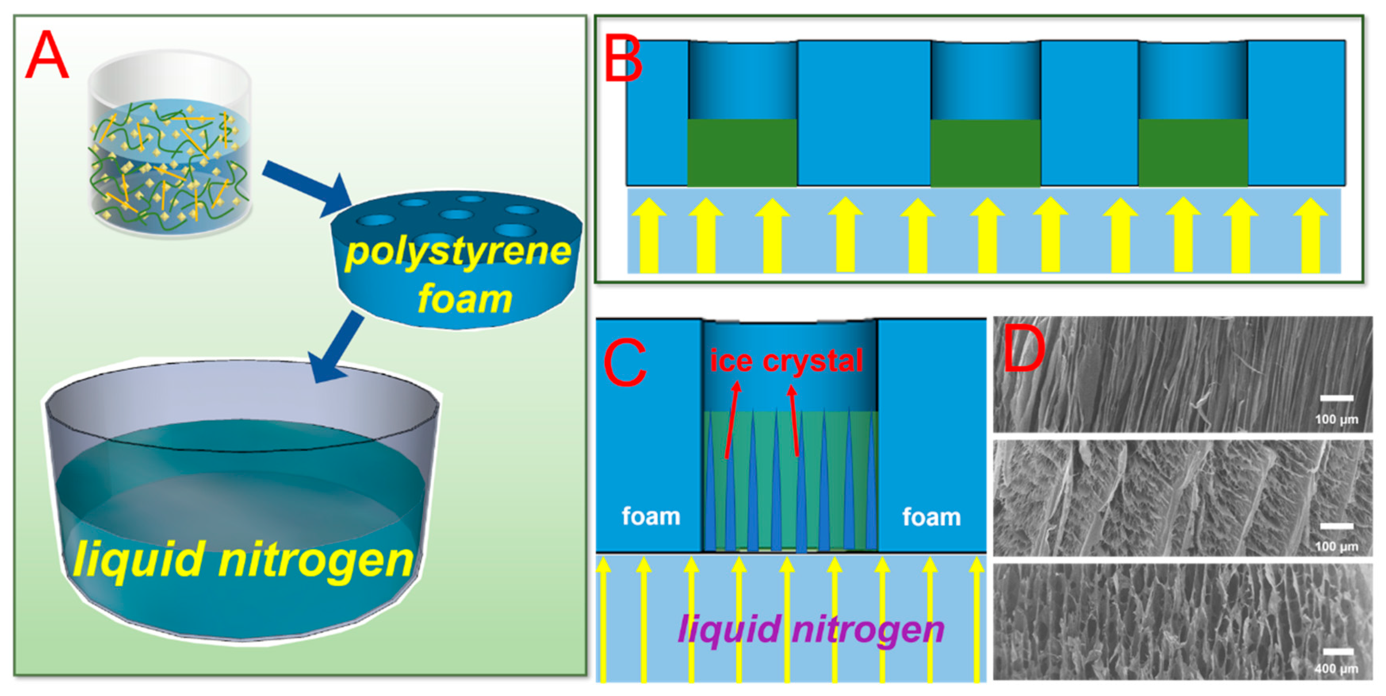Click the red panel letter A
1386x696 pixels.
[x=47, y=55]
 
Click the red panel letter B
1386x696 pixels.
[x=623, y=58]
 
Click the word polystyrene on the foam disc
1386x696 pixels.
[x=458, y=252]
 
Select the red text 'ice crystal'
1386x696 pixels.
[x=786, y=360]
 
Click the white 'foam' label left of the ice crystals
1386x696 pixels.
[x=651, y=516]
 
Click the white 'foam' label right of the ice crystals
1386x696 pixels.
[x=931, y=517]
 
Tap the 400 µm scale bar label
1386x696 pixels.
[x=1336, y=669]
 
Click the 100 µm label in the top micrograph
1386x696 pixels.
[x=1336, y=419]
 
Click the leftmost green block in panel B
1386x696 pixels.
[x=742, y=153]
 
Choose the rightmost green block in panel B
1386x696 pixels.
[x=1193, y=153]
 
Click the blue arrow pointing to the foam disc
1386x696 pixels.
[x=307, y=188]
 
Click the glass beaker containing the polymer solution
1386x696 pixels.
[x=170, y=145]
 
